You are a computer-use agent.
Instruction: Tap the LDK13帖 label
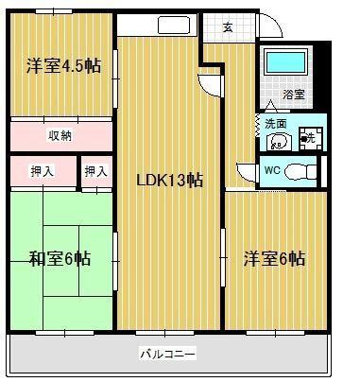coord(169,179)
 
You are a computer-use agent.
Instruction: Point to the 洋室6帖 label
coord(274,257)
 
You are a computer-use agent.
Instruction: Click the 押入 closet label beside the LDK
coord(95,171)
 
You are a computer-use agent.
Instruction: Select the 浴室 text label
coord(294,95)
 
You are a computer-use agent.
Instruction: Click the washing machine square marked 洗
coord(306,140)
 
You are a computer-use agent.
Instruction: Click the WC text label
coord(270,171)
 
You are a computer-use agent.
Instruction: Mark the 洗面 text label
coord(275,122)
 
